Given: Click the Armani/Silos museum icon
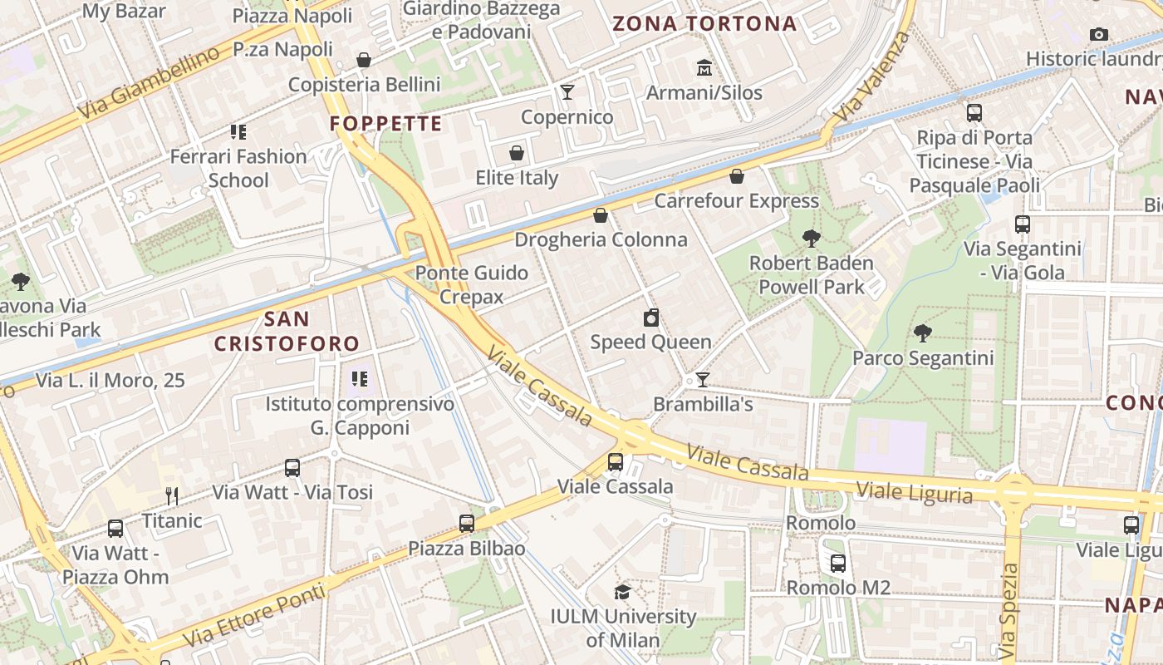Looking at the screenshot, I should (704, 67).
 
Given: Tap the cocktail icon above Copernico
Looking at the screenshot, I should (567, 91).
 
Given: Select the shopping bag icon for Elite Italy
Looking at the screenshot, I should (517, 153).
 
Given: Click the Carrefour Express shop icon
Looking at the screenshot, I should (736, 176).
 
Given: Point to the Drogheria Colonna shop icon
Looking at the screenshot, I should (601, 215).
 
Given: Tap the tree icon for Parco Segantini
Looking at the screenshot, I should (922, 333).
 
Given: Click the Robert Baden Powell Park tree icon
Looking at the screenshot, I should (811, 239).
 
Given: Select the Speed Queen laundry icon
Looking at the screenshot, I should (651, 318).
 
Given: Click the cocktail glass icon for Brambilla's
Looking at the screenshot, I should (703, 380).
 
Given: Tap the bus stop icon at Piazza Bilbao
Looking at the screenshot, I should (467, 524).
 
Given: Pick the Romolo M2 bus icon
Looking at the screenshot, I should (837, 563).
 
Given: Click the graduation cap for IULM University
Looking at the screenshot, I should (622, 592).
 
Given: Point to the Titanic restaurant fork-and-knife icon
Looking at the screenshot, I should (172, 496).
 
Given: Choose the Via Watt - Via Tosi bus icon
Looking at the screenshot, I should (292, 467).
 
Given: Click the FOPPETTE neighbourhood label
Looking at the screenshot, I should (385, 124).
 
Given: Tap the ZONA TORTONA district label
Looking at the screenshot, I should (704, 23).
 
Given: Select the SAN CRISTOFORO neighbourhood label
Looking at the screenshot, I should (287, 331).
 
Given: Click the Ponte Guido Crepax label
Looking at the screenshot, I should (472, 284).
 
